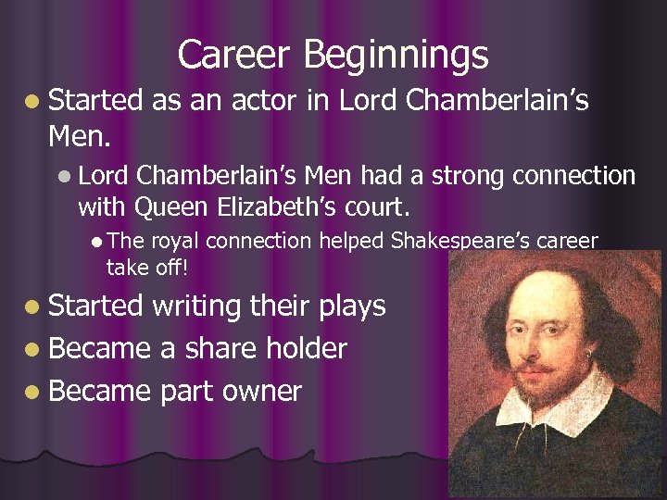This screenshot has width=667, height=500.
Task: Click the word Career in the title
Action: click(233, 55)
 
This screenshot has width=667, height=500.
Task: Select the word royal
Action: click(175, 242)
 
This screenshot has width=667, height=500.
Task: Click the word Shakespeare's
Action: click(462, 243)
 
